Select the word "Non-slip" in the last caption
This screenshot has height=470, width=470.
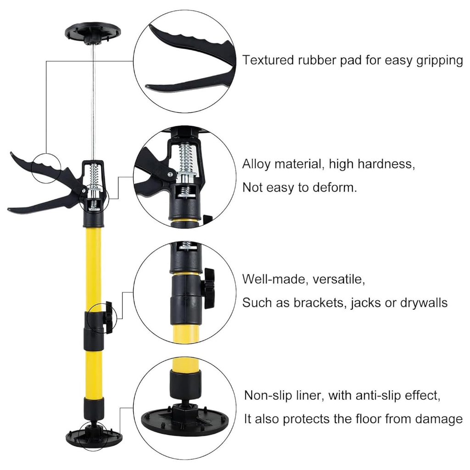click(268, 395)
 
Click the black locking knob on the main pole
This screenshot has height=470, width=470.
click(108, 318)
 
